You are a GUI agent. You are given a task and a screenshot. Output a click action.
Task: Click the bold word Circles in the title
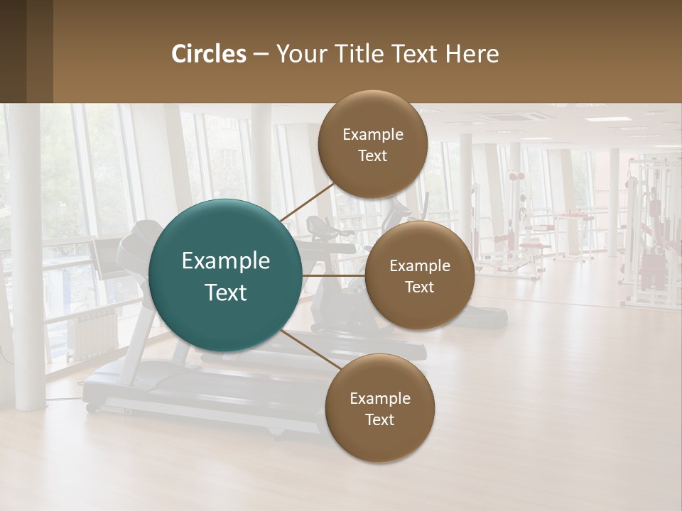(209, 54)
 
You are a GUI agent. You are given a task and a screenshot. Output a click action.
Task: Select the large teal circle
(225, 275)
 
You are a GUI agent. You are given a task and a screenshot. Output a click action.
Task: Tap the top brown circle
(373, 144)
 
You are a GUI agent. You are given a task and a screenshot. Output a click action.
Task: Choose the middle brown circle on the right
(419, 275)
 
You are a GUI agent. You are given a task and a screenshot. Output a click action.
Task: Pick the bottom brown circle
(379, 408)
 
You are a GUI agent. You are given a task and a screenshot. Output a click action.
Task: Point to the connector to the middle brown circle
(334, 275)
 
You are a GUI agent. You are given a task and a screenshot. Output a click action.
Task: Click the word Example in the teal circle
(225, 261)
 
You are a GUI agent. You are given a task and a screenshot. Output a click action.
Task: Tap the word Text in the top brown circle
(373, 155)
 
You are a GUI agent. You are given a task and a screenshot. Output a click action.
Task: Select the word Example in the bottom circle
(379, 398)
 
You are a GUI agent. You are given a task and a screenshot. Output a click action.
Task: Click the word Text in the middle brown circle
(419, 287)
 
